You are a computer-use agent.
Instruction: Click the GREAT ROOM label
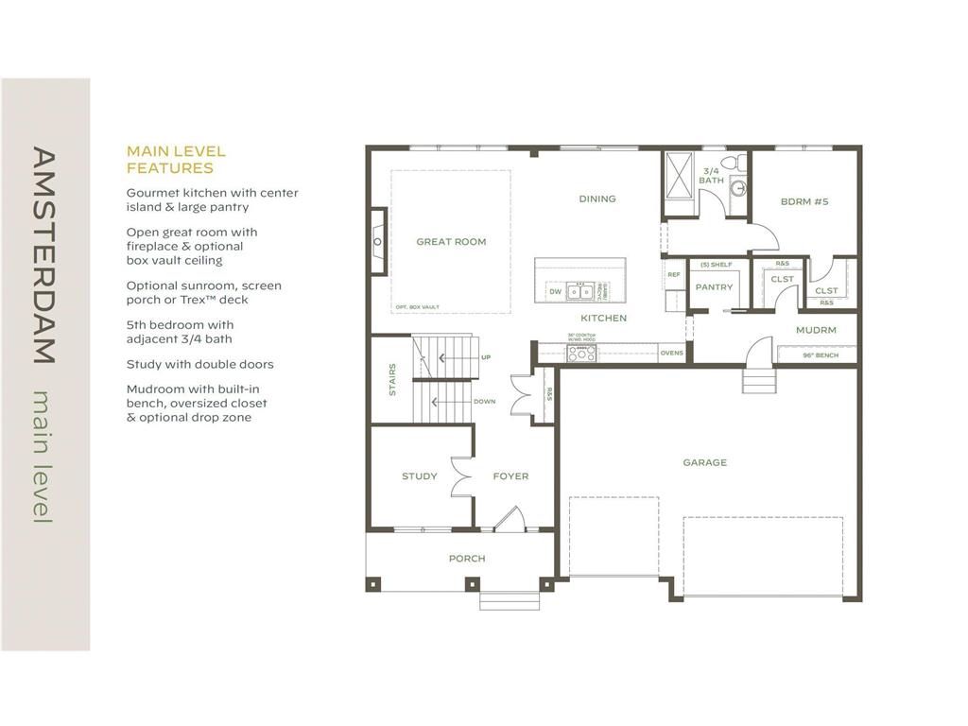451,242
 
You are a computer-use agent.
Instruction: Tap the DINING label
597,199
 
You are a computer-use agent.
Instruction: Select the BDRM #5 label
804,201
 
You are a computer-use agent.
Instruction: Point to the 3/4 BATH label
711,175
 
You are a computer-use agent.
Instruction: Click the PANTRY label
714,287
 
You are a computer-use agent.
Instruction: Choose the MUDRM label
815,331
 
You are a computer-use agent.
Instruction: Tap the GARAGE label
705,462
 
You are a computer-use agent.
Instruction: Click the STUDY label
419,476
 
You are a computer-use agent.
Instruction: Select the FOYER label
510,476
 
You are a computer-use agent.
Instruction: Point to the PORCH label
467,559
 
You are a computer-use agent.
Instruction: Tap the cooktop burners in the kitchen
581,354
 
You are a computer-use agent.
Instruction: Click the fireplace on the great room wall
377,242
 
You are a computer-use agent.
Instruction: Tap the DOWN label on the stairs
484,402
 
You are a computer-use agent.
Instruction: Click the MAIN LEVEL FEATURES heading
176,160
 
